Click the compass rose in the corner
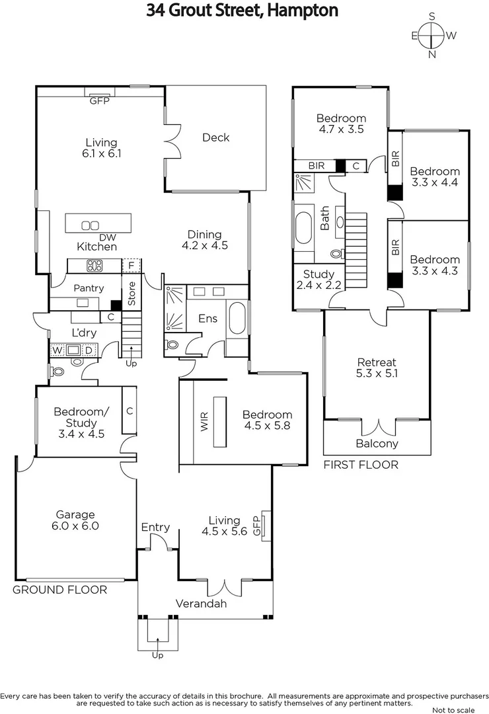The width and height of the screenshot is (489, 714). [x=433, y=35]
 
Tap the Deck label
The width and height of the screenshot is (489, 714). [x=215, y=138]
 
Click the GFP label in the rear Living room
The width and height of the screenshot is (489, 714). [x=100, y=100]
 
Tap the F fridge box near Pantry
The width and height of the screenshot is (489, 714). [x=132, y=266]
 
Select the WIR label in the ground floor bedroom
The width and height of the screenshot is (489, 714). [x=204, y=422]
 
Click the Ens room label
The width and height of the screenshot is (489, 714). [x=207, y=319]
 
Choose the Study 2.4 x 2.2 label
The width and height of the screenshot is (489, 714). [x=319, y=280]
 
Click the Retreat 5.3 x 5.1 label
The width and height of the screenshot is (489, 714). [x=377, y=368]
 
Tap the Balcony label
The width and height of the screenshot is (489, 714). [x=377, y=444]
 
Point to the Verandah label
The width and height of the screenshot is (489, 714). [x=201, y=604]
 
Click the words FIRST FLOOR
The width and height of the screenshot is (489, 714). [x=360, y=465]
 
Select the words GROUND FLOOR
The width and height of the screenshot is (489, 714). [x=59, y=590]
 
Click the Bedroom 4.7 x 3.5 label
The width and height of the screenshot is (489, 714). [x=341, y=124]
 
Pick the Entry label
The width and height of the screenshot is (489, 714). [x=155, y=527]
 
